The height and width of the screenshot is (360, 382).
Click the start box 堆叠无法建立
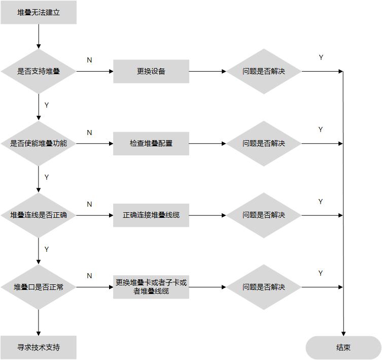point(39,13)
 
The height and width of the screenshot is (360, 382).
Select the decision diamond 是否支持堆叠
point(39,72)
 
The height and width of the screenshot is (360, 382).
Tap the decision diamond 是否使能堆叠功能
point(39,144)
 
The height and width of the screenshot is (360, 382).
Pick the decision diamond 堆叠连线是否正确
point(39,215)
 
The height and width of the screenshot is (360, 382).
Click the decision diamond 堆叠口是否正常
point(39,287)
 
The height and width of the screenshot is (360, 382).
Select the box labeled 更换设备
point(151,72)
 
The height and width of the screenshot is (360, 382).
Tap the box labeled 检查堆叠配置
point(151,144)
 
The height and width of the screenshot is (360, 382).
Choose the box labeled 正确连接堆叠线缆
point(151,215)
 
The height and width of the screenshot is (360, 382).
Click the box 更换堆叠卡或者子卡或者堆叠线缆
point(151,287)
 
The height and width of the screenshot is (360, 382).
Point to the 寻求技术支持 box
point(39,348)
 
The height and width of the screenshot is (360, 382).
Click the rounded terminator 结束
point(343,348)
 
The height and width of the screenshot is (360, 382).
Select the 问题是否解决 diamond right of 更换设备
point(264,72)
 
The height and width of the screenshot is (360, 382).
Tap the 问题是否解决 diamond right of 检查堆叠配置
point(264,144)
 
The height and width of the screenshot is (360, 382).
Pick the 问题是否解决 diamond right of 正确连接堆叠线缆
point(264,215)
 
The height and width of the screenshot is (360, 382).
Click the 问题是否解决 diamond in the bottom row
point(264,287)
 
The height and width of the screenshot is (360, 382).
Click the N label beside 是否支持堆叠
point(89,60)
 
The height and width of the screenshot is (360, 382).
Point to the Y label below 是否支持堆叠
point(47,105)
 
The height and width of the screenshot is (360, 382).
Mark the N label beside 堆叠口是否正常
point(89,276)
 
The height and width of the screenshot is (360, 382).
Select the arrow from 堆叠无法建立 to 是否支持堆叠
point(39,36)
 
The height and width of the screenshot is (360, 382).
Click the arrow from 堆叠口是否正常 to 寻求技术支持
point(39,322)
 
